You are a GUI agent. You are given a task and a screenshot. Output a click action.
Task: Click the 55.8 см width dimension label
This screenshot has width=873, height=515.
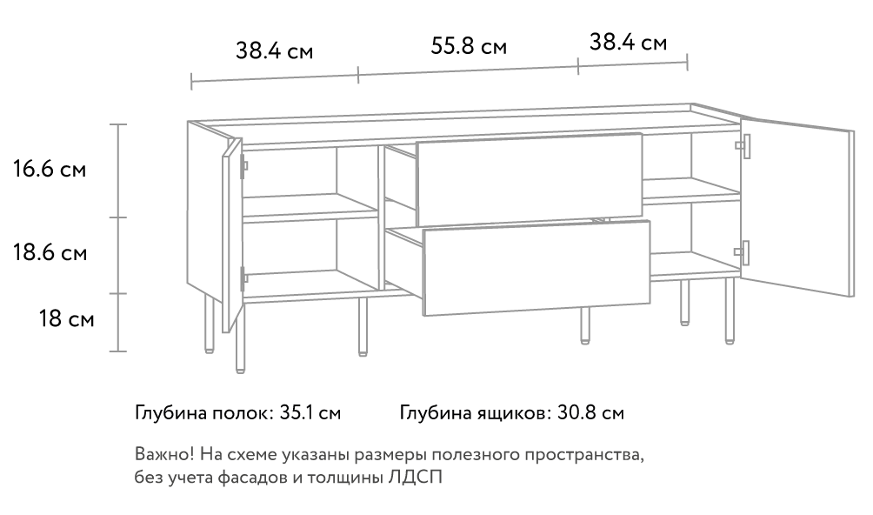pos(469,46)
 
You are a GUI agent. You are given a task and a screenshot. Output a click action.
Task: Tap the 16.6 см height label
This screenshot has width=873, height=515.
pos(50,169)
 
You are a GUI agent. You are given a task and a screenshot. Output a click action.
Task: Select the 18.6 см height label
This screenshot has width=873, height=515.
pos(50,253)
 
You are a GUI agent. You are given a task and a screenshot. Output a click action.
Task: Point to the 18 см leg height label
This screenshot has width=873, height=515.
pos(66,319)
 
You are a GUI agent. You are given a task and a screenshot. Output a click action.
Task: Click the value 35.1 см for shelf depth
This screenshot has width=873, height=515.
pos(310,413)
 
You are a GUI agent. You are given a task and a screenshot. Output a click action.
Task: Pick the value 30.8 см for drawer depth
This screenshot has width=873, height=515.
pos(590,413)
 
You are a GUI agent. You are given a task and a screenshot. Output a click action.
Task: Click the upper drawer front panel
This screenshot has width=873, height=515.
pos(530,179)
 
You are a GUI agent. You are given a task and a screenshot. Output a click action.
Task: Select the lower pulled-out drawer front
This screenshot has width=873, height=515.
pos(536,268)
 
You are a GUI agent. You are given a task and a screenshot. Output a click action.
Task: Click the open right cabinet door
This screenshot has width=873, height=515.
pos(797,206)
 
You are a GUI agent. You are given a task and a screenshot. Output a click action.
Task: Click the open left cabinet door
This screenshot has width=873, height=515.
pos(231,236)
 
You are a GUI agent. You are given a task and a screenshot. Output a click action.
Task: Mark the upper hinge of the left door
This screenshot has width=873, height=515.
pos(243,165)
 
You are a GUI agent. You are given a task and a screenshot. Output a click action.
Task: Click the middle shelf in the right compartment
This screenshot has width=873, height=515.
pos(691,191)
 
